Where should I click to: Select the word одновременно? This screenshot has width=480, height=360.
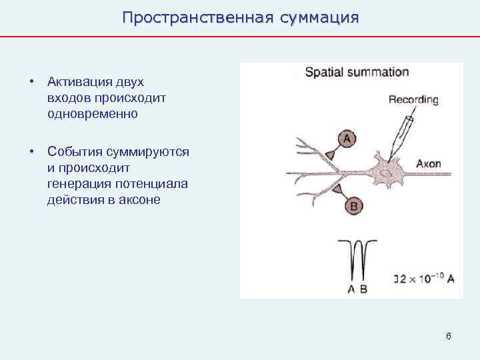point(93,113)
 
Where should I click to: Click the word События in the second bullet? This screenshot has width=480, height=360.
point(71,152)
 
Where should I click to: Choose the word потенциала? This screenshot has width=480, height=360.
point(154,183)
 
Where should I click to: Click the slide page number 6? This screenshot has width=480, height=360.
point(449,336)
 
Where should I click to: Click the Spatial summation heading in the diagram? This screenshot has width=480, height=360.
point(357,72)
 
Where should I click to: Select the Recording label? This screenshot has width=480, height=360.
point(413,100)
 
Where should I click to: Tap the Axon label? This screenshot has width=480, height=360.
point(428,163)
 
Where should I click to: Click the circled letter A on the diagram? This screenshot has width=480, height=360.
point(346,139)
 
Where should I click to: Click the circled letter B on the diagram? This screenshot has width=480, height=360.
point(354,207)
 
